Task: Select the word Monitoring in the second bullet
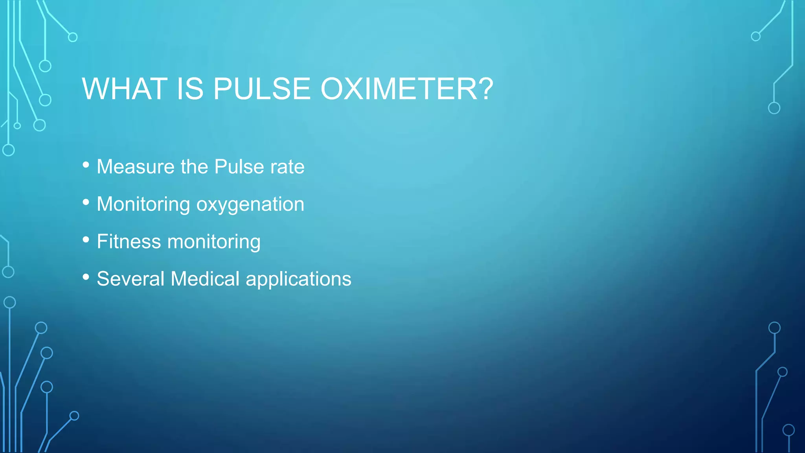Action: click(143, 204)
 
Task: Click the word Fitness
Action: click(129, 241)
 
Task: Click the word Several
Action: click(130, 279)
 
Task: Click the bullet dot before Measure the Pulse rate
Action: click(86, 165)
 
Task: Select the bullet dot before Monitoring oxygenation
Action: click(86, 203)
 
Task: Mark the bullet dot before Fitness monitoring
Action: click(86, 240)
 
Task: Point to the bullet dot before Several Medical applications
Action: click(86, 277)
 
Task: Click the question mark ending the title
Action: click(486, 89)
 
